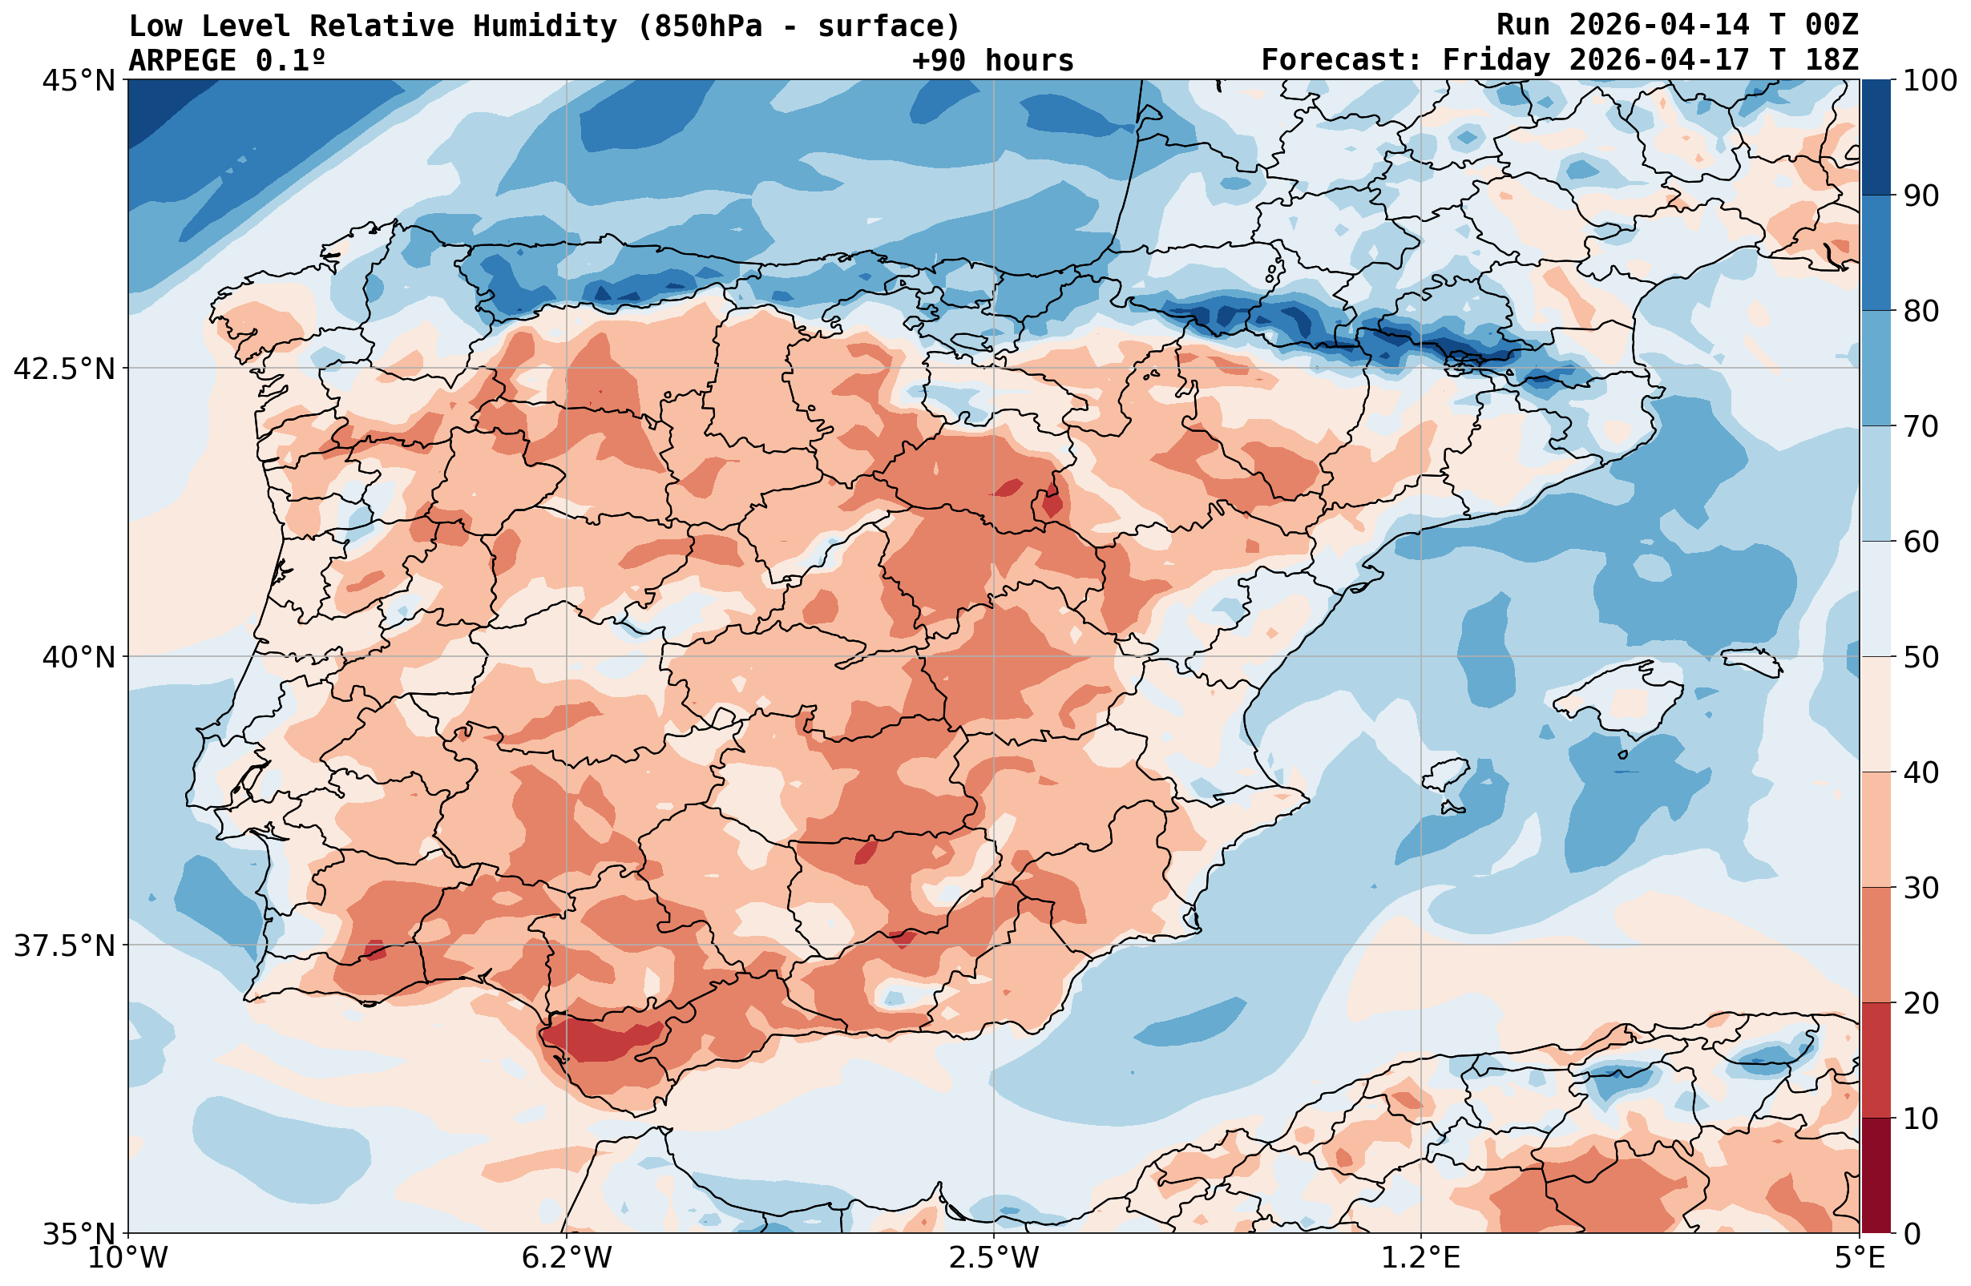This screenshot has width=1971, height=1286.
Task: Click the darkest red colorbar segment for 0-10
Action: pyautogui.click(x=1876, y=1176)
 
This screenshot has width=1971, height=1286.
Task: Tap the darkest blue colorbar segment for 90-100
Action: pyautogui.click(x=1876, y=138)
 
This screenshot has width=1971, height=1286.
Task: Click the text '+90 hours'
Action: pyautogui.click(x=992, y=60)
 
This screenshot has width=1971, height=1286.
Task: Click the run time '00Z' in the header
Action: pyautogui.click(x=1831, y=26)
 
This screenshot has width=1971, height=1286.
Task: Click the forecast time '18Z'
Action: pyautogui.click(x=1831, y=60)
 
